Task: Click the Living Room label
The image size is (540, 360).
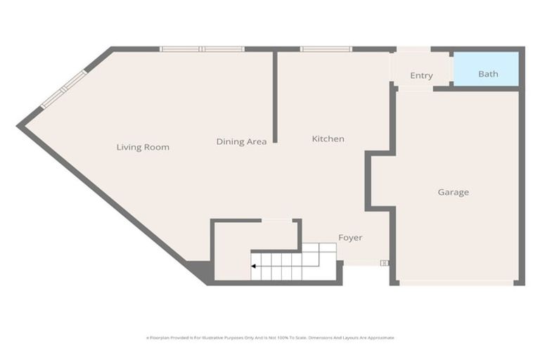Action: (143, 148)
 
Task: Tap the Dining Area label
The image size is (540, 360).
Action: (241, 142)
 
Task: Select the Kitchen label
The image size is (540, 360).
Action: (328, 139)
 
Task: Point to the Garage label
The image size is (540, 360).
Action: (453, 193)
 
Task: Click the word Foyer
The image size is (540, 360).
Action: (350, 238)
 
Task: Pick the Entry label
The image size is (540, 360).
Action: (421, 76)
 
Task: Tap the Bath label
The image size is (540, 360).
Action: (488, 74)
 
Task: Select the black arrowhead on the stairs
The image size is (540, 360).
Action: (252, 266)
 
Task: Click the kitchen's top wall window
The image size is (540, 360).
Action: (326, 49)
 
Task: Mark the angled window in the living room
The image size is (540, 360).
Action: (63, 89)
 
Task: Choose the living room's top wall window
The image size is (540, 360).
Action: (202, 49)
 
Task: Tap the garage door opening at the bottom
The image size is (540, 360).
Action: (456, 283)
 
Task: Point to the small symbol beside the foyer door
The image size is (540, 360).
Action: (384, 263)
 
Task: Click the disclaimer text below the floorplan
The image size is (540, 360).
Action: (270, 337)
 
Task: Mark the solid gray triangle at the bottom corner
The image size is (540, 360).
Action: (199, 271)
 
